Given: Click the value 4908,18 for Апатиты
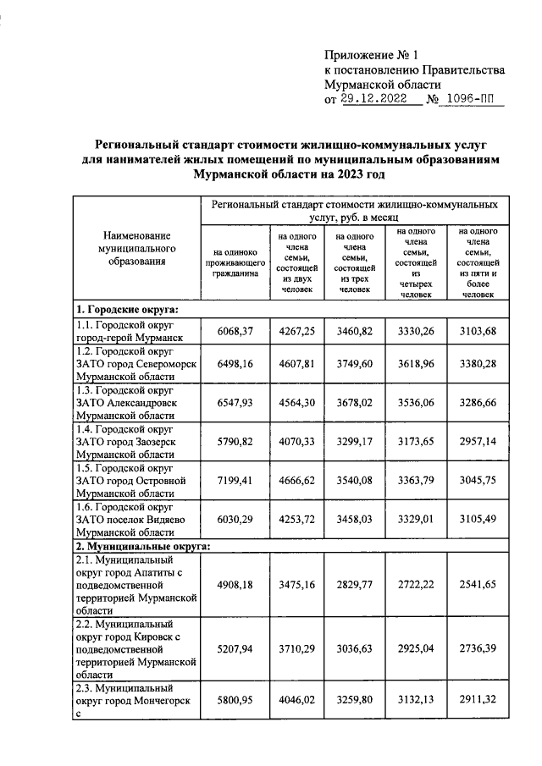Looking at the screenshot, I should coord(234,583).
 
